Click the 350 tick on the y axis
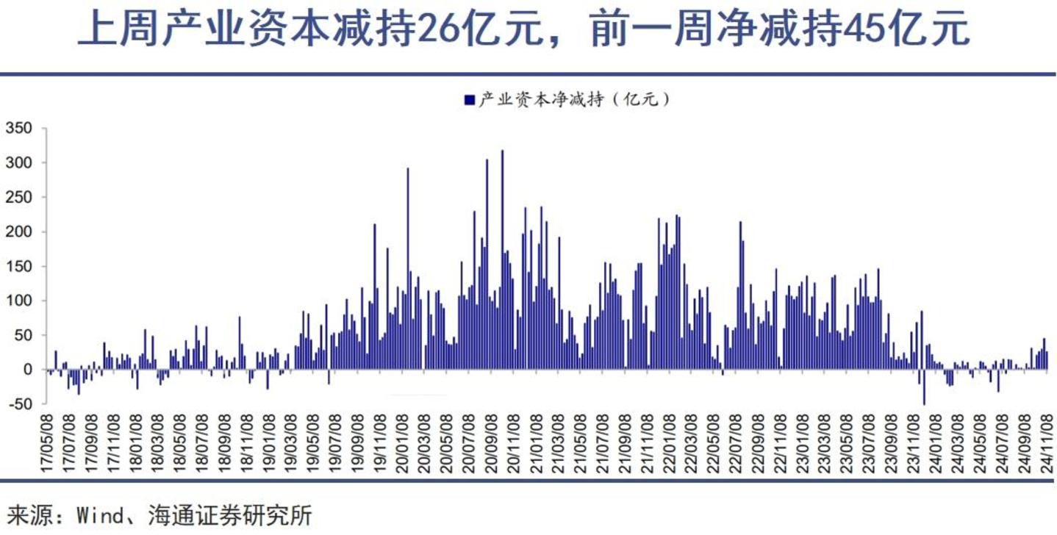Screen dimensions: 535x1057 [x=19, y=129]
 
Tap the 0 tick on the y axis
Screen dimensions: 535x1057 [x=28, y=370]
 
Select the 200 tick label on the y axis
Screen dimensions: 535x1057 [x=19, y=231]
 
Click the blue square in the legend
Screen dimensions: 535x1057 [x=470, y=100]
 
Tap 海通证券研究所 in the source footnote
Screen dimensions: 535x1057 [x=229, y=515]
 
